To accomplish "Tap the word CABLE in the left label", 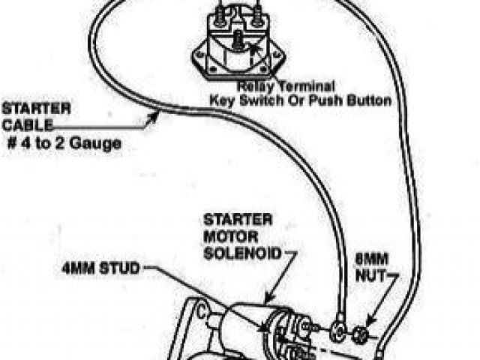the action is (21, 124).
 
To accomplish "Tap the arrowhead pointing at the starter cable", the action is (157, 114).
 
